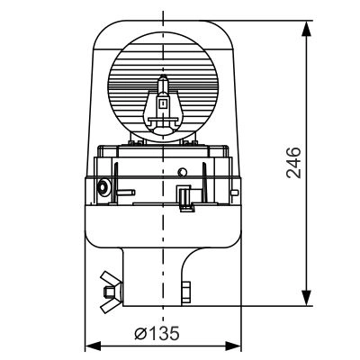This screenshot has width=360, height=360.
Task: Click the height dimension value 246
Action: tap(293, 163)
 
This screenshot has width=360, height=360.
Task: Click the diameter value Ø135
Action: tap(157, 333)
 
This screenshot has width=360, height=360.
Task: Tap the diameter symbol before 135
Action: tap(140, 334)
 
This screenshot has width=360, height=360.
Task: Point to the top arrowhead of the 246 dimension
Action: tap(306, 29)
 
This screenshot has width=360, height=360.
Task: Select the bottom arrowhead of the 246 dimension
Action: tap(306, 298)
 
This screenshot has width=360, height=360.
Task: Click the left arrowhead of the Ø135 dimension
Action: tap(93, 346)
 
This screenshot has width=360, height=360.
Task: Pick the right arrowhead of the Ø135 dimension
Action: tap(233, 346)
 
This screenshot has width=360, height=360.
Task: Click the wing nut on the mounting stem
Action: tap(111, 292)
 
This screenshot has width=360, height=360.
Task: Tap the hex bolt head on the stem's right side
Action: tap(186, 292)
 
